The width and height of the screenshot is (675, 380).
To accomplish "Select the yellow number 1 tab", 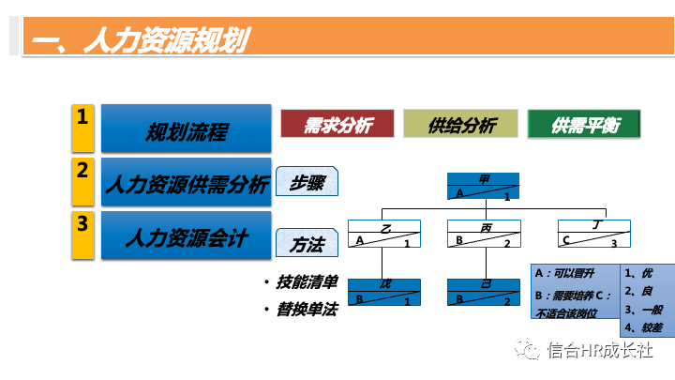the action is [83, 128].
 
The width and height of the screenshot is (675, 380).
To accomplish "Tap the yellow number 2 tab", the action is [83, 181].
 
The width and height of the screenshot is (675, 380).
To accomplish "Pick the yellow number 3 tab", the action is [83, 235].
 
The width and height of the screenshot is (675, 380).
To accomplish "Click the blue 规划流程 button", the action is [186, 130].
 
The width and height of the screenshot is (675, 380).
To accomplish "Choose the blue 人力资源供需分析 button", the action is [186, 182].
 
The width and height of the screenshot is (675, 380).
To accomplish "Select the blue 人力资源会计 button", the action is [186, 236].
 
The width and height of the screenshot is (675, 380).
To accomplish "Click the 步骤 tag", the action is [307, 183].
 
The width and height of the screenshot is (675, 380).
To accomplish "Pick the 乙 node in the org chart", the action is [382, 234].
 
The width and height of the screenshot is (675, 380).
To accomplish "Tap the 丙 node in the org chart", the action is [483, 234].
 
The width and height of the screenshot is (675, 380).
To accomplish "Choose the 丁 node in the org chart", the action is [592, 234].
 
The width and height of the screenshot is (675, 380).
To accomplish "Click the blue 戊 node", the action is [382, 293].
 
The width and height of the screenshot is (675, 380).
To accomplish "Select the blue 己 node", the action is [483, 293].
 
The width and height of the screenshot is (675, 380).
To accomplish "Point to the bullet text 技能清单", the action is [307, 281].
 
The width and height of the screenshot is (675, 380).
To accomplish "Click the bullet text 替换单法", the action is [307, 309].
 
